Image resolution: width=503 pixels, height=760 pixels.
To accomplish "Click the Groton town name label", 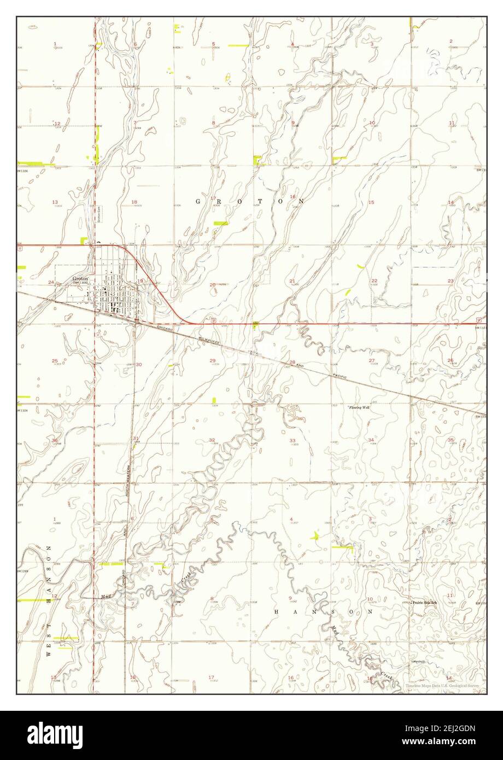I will [x=80, y=278].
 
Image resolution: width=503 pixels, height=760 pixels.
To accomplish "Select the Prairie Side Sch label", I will [x=425, y=602].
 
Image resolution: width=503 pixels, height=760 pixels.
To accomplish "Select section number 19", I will [x=140, y=281].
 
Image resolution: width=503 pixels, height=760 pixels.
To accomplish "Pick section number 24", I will [x=51, y=282].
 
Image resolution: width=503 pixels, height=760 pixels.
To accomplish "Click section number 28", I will [x=292, y=363].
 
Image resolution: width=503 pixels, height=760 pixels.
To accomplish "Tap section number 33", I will [x=293, y=440].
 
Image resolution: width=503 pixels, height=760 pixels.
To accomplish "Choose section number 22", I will [x=374, y=280].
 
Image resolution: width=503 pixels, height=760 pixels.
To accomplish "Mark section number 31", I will [x=135, y=438].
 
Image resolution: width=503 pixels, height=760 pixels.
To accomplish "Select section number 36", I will [x=55, y=440].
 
